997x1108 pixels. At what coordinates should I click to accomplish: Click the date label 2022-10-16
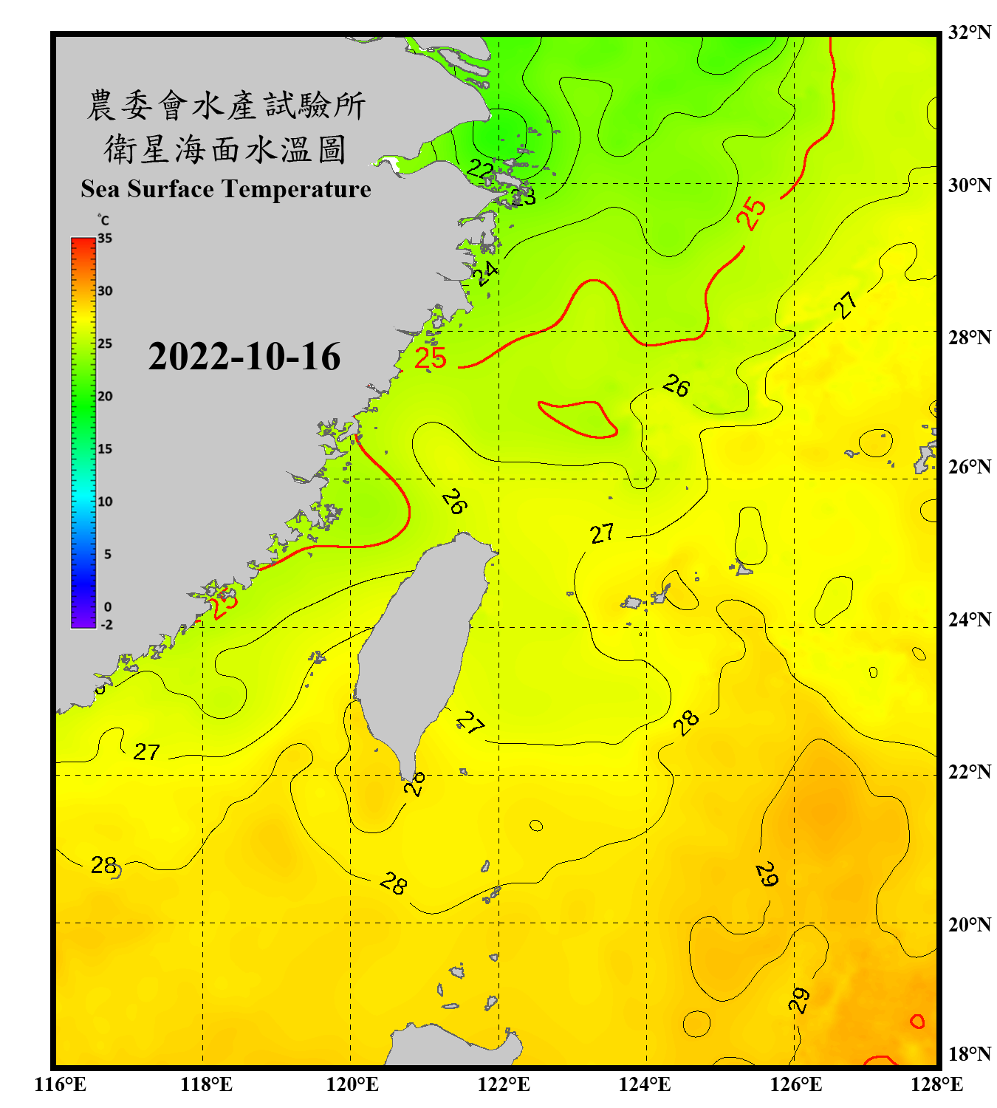pos(244,357)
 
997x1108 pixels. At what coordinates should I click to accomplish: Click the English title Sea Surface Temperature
pos(225,189)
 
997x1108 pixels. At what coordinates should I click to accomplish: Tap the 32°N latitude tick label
pos(969,33)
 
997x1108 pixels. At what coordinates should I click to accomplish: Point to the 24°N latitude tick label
pos(969,620)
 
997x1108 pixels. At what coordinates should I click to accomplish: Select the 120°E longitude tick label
pos(352,1084)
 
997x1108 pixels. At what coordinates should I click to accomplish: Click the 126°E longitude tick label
pos(795,1084)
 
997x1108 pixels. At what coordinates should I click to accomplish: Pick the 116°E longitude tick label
pos(61,1084)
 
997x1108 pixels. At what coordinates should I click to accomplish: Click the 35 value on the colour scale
pos(105,239)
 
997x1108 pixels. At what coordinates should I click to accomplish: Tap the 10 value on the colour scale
pos(105,502)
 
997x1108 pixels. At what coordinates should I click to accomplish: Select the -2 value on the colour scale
pos(106,625)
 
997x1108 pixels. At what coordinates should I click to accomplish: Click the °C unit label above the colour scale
pos(103,220)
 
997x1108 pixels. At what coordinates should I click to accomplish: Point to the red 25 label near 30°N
pos(752,213)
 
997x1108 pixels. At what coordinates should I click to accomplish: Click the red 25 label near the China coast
pos(431,359)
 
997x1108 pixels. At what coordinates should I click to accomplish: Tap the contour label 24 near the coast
pos(484,273)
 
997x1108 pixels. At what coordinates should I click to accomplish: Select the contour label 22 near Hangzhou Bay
pos(480,170)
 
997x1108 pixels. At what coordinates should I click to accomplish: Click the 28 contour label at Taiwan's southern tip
pos(415,784)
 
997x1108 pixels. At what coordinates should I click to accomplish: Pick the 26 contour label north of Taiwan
pos(454,502)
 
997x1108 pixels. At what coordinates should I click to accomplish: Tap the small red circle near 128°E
pos(917,1022)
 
